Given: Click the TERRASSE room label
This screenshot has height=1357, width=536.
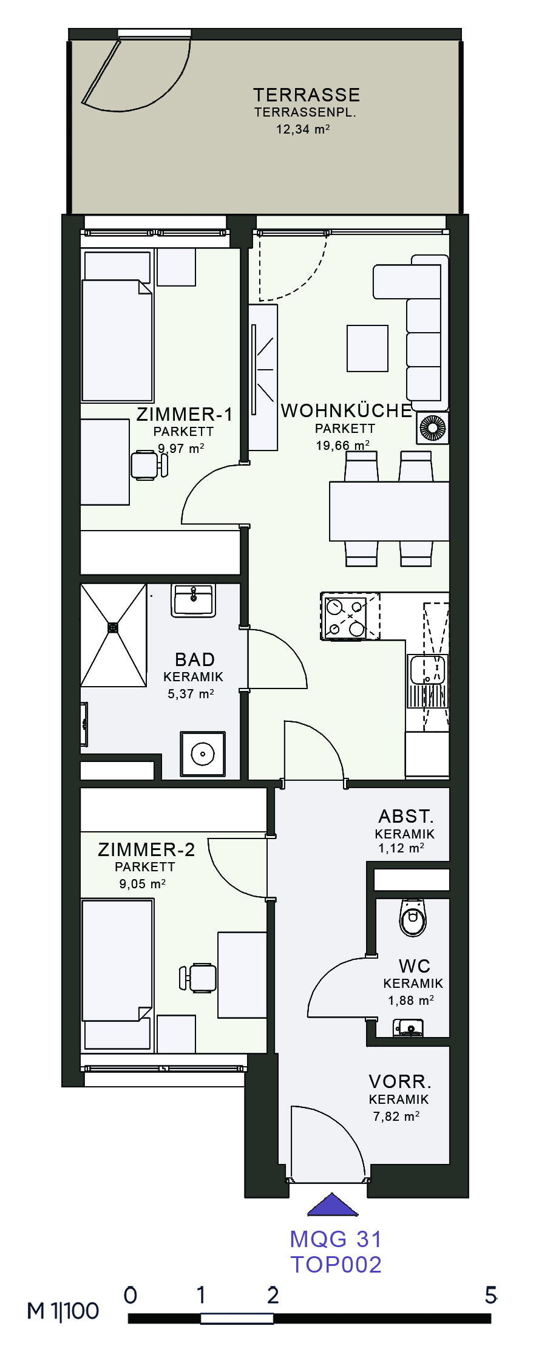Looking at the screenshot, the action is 307,95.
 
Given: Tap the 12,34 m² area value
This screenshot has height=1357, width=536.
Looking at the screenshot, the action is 303,129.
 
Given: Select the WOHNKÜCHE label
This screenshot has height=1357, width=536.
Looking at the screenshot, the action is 347,410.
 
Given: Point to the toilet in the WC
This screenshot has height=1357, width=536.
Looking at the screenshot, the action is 413,917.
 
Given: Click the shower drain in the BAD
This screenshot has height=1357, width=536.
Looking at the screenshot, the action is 113,627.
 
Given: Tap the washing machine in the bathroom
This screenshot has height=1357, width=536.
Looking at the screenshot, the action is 203,754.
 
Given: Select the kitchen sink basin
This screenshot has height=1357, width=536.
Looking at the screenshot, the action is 427,670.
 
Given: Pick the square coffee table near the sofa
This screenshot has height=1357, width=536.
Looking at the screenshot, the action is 367,348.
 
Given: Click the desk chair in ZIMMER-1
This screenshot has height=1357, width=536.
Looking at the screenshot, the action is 149,465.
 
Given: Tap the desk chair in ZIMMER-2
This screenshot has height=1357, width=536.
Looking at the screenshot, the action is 198,978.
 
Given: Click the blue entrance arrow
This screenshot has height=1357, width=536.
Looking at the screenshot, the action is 333,1205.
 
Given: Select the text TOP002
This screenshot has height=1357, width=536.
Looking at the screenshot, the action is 336,1265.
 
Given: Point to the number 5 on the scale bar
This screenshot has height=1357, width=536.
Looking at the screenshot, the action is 491,1295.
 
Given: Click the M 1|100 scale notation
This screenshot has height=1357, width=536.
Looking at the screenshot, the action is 63,1311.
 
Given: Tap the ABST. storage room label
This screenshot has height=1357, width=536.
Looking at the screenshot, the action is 406,816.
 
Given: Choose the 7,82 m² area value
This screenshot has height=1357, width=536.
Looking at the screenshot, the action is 396,1116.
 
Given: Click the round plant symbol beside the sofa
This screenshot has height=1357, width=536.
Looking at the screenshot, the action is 433,427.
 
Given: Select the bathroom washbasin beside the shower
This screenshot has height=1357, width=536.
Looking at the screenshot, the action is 194,600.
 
